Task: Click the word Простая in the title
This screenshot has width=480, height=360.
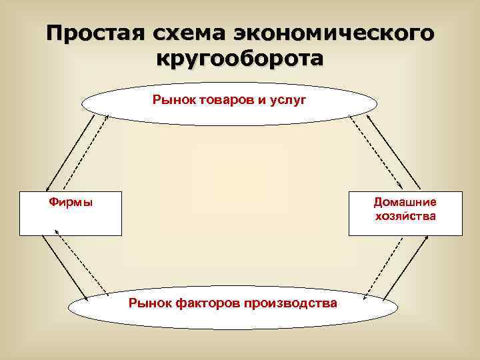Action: (94, 33)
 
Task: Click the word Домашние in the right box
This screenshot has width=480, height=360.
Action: (405, 202)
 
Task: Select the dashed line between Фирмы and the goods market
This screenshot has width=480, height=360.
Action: (87, 153)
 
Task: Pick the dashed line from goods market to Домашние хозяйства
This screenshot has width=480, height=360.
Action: (377, 152)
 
